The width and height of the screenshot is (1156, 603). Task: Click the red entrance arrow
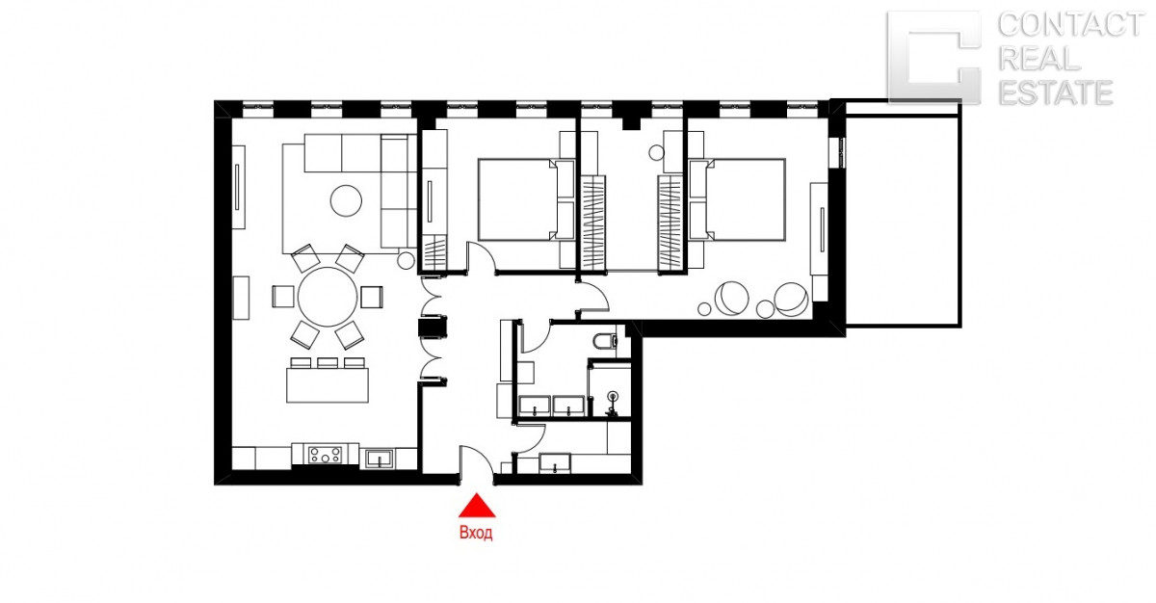(x=477, y=507)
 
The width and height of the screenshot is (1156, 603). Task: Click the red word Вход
(x=476, y=533)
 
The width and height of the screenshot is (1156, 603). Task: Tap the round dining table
(x=328, y=297)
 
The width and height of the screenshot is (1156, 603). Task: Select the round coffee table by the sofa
(x=346, y=200)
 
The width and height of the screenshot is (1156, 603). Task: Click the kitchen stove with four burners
(x=325, y=455)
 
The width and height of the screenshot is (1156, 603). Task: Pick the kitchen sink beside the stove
(x=380, y=459)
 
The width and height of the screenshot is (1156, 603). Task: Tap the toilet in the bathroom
(x=605, y=341)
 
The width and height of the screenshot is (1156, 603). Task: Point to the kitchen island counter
(x=328, y=384)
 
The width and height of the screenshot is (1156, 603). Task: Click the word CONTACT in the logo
(x=1070, y=25)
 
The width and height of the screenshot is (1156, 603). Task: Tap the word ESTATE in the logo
(x=1056, y=92)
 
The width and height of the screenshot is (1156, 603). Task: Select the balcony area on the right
(x=904, y=222)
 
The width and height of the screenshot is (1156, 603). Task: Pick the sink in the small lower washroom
(x=555, y=463)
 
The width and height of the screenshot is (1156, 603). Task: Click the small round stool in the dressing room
(x=656, y=153)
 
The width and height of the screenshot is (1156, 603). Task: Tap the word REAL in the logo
(x=1038, y=59)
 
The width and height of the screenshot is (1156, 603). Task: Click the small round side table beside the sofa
(x=406, y=261)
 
